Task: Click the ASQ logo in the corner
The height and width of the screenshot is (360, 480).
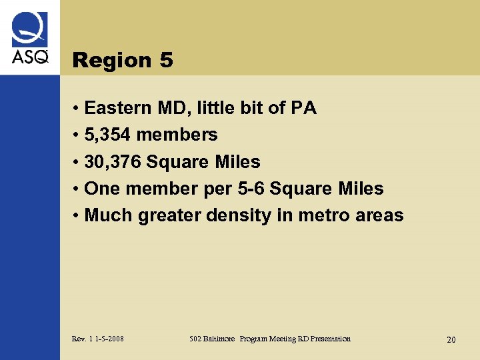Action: coord(30,39)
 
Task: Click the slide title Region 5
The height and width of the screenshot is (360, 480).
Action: coord(123,61)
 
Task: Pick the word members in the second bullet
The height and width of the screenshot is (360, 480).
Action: coord(177,135)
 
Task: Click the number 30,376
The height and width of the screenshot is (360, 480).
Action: coord(113,162)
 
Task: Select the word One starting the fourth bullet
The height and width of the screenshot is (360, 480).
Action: coord(103,189)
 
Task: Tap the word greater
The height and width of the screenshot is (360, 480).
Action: coord(169,216)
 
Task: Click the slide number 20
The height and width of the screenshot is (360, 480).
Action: coord(451,340)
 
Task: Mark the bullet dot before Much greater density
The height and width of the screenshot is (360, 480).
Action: coord(77,216)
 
